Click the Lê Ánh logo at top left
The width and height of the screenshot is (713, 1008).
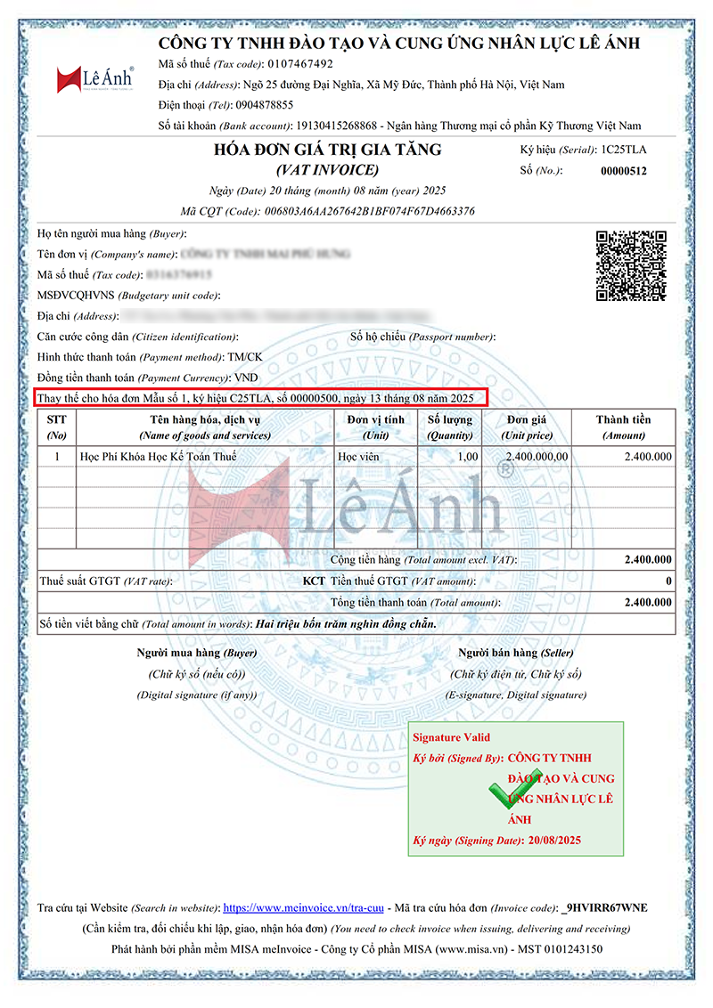point(94,79)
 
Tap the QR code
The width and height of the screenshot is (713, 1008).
point(631,265)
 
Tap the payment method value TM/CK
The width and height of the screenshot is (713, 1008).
point(245,357)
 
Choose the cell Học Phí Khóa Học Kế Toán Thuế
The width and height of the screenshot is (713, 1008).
point(160,457)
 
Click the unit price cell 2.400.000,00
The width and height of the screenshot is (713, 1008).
point(537,457)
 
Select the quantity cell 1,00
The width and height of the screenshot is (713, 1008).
point(466,457)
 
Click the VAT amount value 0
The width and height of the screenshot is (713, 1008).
point(668,581)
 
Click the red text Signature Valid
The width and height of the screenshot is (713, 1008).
point(451,737)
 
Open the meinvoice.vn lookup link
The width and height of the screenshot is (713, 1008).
point(303,908)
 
